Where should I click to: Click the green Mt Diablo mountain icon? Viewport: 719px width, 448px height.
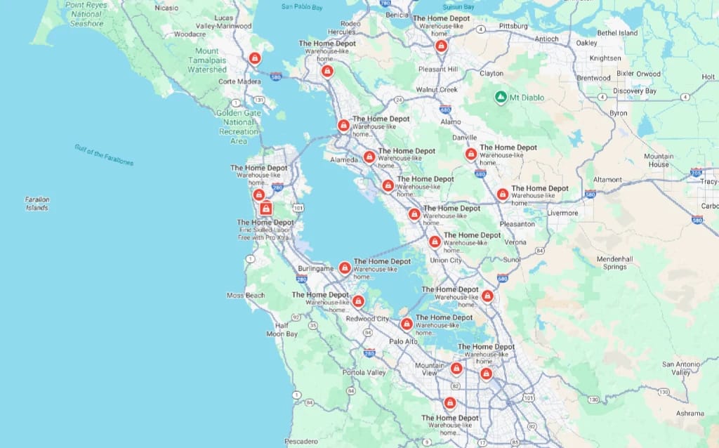(x=501, y=97)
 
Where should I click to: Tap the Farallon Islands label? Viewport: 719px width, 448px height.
(x=38, y=204)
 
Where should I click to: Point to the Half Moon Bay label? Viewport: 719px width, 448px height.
(x=282, y=329)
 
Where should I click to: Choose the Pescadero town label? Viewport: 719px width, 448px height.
(x=301, y=442)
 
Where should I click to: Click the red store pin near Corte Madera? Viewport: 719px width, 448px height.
(x=255, y=58)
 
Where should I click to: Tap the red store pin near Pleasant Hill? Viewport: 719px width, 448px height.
(x=441, y=46)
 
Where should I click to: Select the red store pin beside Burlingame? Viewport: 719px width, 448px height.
(x=345, y=267)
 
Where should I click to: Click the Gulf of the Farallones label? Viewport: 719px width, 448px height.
(x=104, y=154)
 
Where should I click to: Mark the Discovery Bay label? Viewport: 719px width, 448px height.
(x=634, y=91)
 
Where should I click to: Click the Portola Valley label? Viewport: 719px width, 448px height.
(x=364, y=372)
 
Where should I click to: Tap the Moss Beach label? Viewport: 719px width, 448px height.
(x=246, y=296)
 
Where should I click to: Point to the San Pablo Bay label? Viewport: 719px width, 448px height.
(x=302, y=6)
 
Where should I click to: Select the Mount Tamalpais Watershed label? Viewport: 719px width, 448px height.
(x=207, y=60)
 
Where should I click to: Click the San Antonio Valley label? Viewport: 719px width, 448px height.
(x=680, y=368)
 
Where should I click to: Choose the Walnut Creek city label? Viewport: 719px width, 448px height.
(x=436, y=90)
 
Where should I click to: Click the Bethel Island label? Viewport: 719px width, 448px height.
(x=617, y=33)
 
